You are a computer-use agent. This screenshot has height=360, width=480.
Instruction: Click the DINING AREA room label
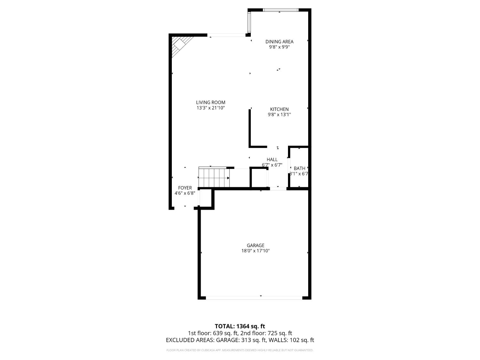[279, 42]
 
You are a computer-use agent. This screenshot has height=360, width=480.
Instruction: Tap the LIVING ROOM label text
[211, 102]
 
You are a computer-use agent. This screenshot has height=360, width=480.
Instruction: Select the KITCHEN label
[279, 109]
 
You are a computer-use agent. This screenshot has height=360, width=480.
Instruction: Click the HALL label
[272, 159]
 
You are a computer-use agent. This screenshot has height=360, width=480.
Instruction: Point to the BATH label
[300, 168]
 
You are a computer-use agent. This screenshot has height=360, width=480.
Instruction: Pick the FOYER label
[185, 188]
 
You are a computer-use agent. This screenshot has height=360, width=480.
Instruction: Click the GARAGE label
[255, 245]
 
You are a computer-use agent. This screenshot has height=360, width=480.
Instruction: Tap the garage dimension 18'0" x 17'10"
[255, 251]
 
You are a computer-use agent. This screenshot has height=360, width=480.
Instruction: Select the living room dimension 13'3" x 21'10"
[211, 108]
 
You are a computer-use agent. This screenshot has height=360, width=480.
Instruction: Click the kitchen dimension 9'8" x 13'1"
[279, 115]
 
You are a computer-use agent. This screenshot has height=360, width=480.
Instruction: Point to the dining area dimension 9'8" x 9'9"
[279, 47]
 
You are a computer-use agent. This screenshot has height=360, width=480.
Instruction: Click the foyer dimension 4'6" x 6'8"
[185, 193]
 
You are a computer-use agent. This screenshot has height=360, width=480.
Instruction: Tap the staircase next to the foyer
[214, 178]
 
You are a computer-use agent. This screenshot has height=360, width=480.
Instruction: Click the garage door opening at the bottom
[254, 298]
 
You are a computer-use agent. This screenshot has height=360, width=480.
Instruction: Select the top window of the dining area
[280, 10]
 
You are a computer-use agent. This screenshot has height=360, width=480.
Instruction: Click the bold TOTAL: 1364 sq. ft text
[240, 326]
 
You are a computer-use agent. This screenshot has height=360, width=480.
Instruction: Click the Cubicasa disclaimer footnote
[240, 350]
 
